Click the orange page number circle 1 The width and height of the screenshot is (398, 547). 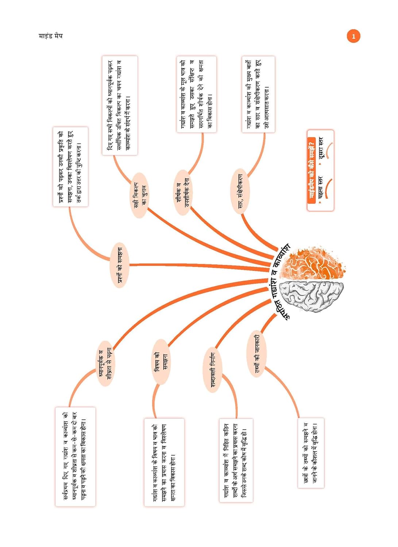(353, 36)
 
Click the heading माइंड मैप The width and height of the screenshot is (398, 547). (50, 36)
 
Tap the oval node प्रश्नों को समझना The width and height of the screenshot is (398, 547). (120, 265)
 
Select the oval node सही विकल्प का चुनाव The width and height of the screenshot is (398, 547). (139, 195)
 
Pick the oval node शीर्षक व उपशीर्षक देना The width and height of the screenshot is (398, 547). (182, 193)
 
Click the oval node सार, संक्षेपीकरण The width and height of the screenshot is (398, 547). (240, 191)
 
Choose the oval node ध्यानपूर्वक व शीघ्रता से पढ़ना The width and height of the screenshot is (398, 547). (105, 363)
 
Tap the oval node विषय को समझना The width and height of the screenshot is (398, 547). (161, 362)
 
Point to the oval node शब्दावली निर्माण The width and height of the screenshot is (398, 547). (213, 370)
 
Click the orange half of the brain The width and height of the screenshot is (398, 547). (314, 263)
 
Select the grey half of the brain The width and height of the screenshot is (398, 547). (314, 295)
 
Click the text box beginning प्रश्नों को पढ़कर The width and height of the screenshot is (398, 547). (70, 167)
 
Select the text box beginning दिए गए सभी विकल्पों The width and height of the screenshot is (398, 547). (120, 105)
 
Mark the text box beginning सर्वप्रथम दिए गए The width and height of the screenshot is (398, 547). (75, 457)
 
